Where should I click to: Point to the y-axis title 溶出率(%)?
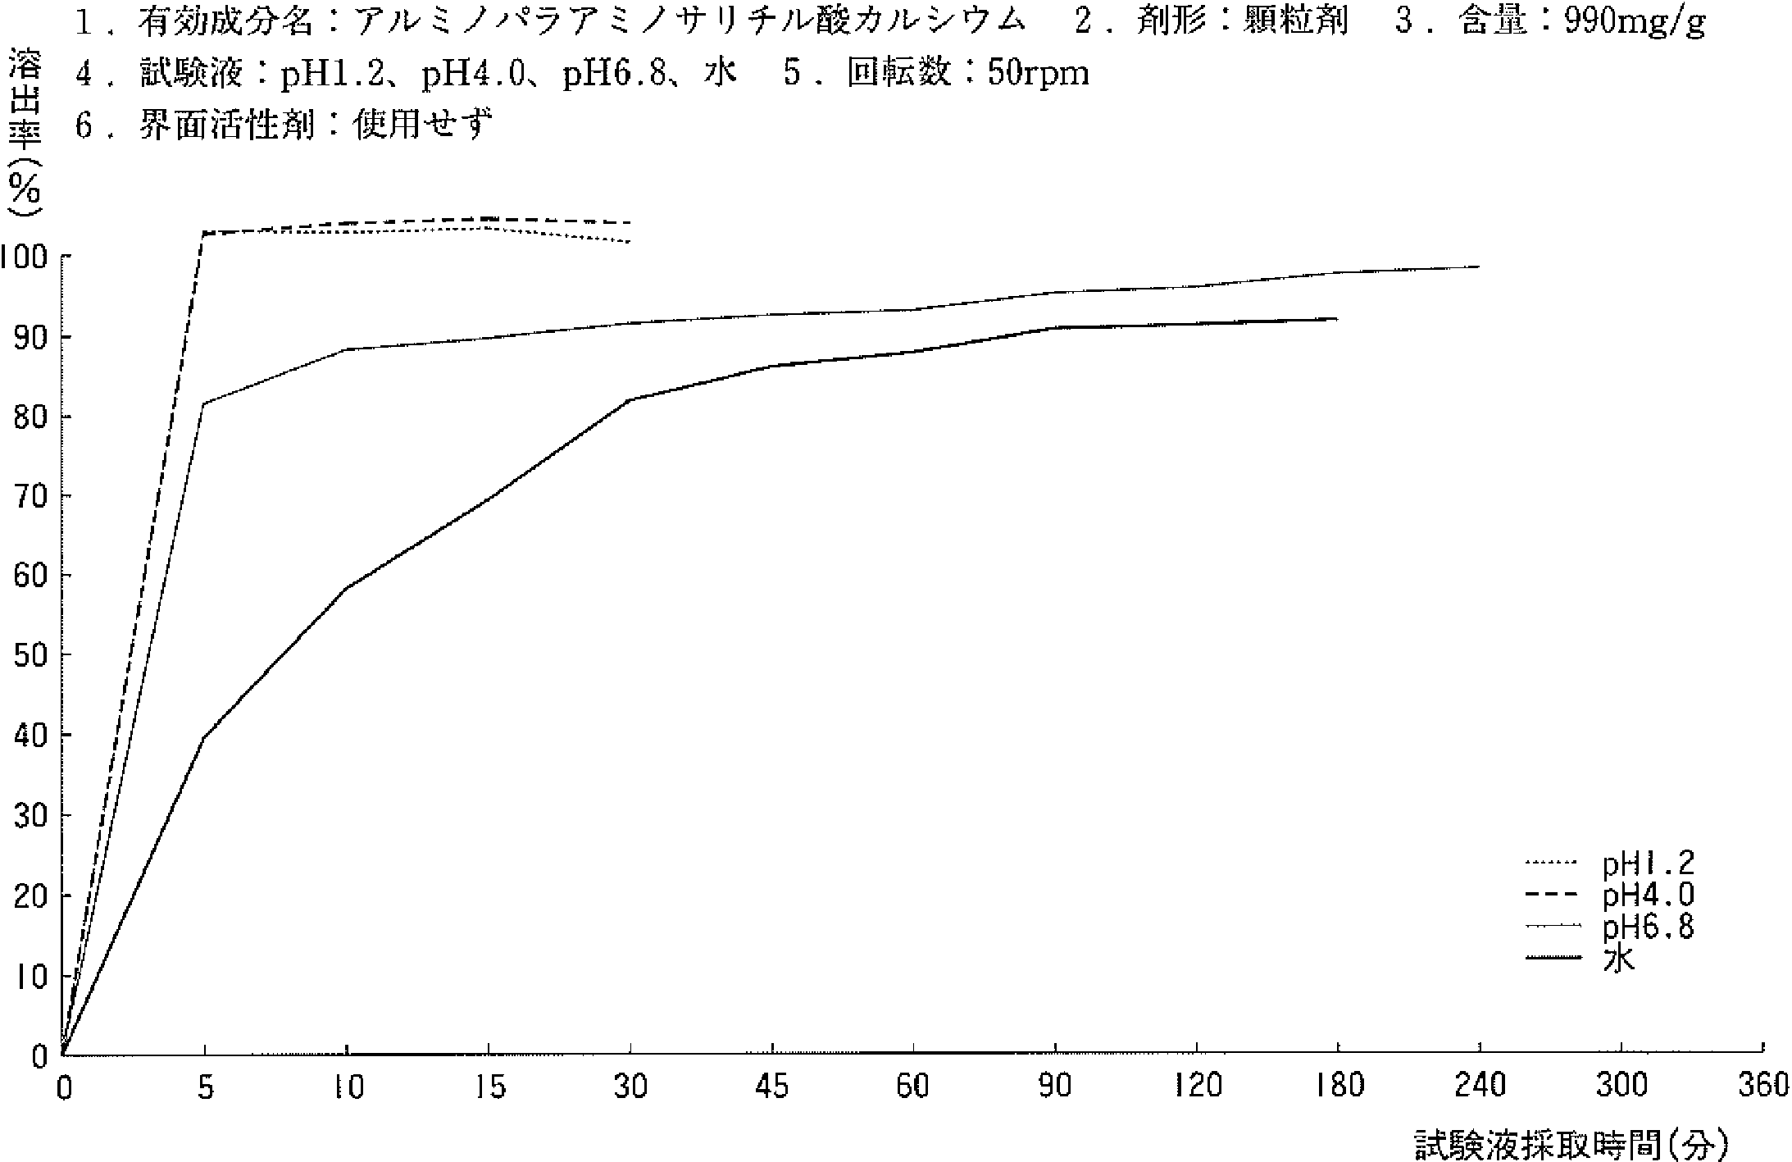pos(25,131)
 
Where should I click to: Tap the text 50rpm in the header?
pos(1039,74)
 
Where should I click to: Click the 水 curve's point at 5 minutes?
pos(204,737)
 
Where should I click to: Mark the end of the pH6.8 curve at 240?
pos(1479,267)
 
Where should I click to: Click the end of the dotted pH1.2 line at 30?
pos(630,242)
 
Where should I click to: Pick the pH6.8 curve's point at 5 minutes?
pos(204,403)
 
